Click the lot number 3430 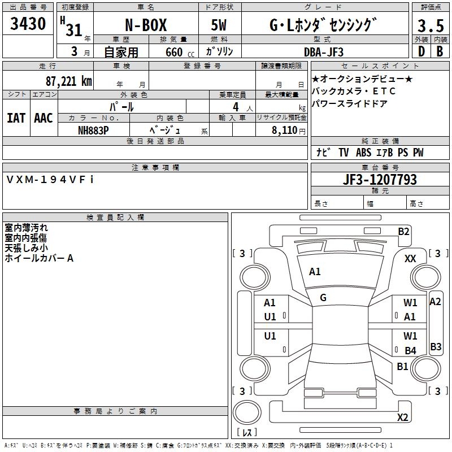coord(28,24)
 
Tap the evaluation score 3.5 coord(430,26)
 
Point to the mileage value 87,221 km coord(68,81)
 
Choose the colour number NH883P coord(93,130)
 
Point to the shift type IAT coord(16,118)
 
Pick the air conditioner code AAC coord(44,118)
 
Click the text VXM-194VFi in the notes coord(51,179)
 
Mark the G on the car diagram coord(323,297)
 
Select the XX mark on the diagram coord(411,258)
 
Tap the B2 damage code coord(403,231)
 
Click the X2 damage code coord(402,418)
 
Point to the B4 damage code coord(410,351)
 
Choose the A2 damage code coord(435,302)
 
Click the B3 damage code coord(436,347)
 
